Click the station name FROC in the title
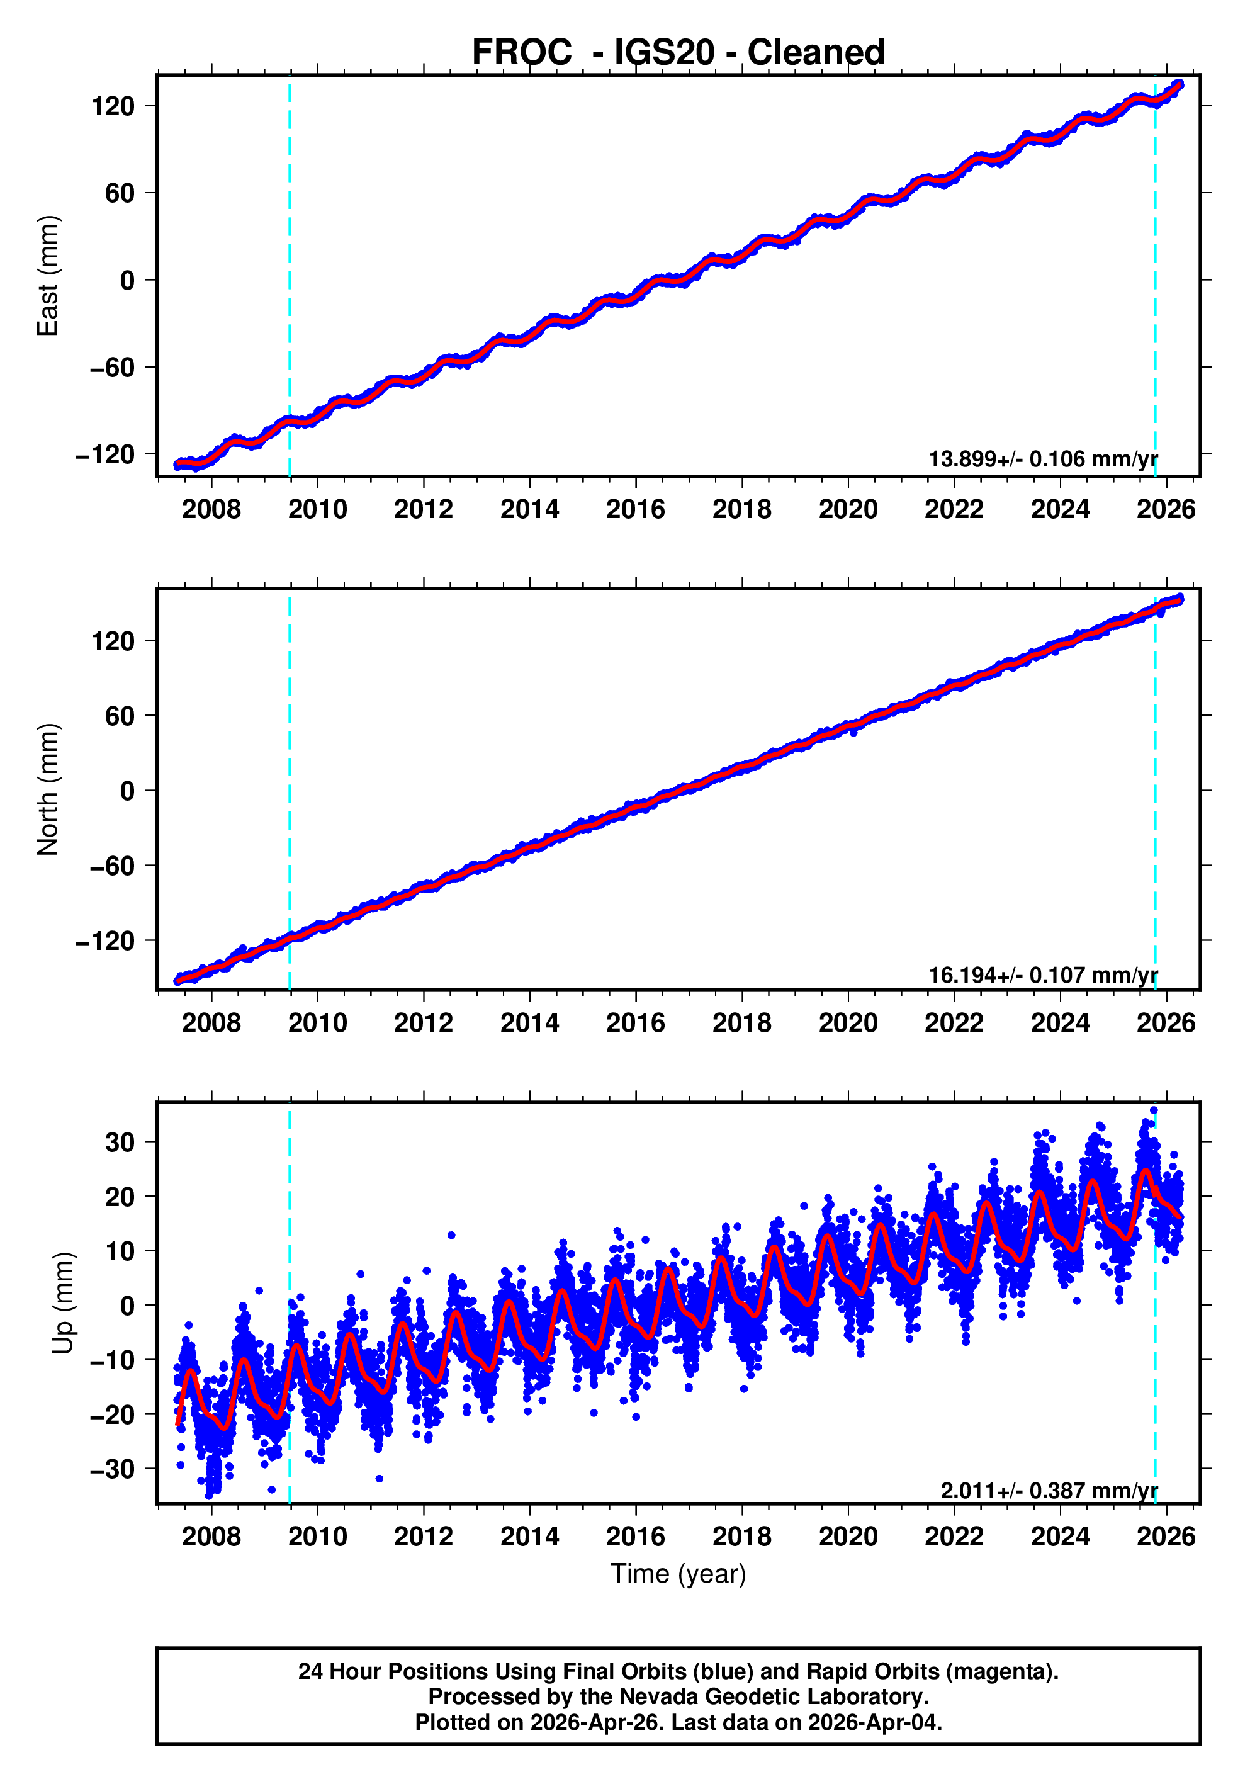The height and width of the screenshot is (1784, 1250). coord(521,52)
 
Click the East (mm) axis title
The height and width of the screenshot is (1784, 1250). coord(48,276)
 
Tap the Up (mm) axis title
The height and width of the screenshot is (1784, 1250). coord(64,1303)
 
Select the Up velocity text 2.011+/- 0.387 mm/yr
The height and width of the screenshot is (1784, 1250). coord(1049,1489)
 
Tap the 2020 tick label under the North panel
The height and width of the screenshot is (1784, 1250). coord(848,1022)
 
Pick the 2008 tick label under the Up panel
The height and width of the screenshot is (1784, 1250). coord(211,1536)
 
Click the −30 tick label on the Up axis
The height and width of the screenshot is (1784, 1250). coord(112,1469)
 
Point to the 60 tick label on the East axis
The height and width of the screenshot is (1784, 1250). coord(120,193)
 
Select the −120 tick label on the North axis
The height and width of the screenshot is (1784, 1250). coord(106,941)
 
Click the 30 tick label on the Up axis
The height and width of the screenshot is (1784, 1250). coord(120,1142)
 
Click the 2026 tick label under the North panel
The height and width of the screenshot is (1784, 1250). coord(1165,1022)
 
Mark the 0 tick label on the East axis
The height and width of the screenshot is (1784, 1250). coord(127,281)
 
